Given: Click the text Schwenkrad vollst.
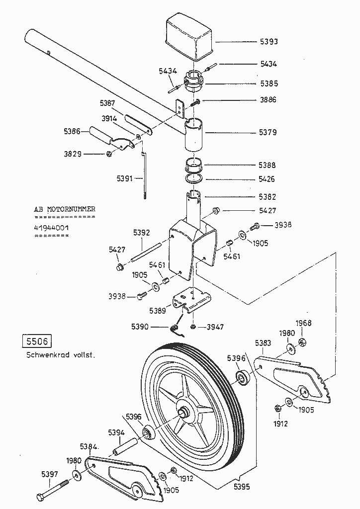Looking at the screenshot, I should pyautogui.click(x=60, y=356).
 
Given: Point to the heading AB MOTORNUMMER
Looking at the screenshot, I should pyautogui.click(x=65, y=209).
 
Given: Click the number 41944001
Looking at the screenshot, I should pyautogui.click(x=51, y=228).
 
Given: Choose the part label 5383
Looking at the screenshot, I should pyautogui.click(x=263, y=342).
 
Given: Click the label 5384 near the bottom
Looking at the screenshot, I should pyautogui.click(x=90, y=446).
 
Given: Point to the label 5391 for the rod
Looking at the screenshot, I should pyautogui.click(x=126, y=178).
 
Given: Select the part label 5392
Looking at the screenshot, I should pyautogui.click(x=142, y=232).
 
